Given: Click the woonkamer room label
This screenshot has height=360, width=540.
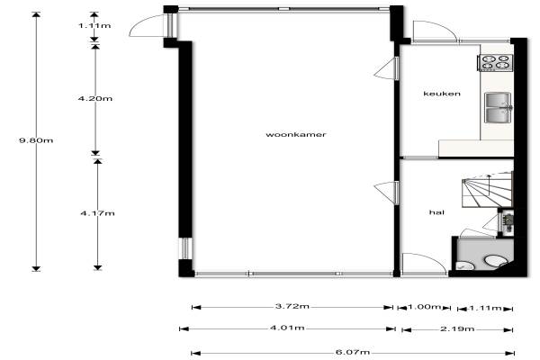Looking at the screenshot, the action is [296, 134].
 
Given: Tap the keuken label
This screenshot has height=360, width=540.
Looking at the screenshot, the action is [442, 94].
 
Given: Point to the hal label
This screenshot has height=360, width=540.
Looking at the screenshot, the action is [436, 212].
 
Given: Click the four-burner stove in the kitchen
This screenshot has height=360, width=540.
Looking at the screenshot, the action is [496, 62].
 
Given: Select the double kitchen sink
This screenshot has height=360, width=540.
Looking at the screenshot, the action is [498, 107].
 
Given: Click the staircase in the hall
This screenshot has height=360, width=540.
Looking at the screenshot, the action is [487, 190].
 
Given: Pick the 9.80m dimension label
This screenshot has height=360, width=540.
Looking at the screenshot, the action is [36, 140].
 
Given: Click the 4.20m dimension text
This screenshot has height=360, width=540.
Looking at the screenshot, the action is [95, 98].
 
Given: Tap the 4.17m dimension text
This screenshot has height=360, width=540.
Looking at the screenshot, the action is [97, 213].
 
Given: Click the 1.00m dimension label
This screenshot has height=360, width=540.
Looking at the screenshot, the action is [424, 307].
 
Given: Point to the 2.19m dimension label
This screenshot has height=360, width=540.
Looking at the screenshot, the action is [457, 329].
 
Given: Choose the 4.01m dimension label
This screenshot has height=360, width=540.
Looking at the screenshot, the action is [287, 328].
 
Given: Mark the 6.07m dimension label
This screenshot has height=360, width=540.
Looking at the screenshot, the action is [353, 352].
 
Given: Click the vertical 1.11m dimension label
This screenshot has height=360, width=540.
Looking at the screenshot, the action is [94, 25].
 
